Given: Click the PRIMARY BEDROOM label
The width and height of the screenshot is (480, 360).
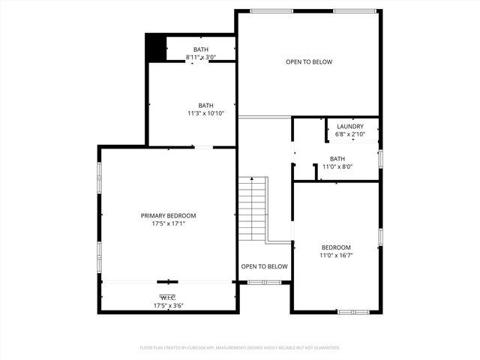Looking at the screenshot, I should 168,215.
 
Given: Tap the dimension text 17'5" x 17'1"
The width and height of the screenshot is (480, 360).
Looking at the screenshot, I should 168,223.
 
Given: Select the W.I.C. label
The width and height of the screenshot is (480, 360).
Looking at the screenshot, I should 168,298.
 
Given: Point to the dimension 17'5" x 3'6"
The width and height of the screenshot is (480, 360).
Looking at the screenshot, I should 168,305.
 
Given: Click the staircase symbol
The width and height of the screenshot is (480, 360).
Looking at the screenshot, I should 253,210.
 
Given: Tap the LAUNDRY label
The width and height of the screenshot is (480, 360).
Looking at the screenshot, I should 350,127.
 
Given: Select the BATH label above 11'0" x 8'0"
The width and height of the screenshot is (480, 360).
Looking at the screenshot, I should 337,158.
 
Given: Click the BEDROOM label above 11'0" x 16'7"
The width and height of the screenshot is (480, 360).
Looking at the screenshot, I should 336,247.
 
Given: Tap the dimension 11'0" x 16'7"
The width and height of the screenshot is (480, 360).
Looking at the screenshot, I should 336,255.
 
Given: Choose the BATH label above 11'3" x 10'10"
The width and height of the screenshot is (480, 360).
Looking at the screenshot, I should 205,105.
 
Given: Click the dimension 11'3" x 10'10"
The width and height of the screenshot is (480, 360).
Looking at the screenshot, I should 205,113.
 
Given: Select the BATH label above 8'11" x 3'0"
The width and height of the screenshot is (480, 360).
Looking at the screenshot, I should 201,49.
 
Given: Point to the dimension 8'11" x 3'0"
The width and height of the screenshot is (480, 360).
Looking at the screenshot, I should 201,57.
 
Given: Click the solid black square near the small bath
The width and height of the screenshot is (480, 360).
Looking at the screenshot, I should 155,49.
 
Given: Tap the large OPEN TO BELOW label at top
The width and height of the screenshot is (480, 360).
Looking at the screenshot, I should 308,62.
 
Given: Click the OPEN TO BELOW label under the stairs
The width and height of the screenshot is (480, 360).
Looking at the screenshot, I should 264,266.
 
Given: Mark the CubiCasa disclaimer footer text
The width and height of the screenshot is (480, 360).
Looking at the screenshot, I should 240,348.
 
